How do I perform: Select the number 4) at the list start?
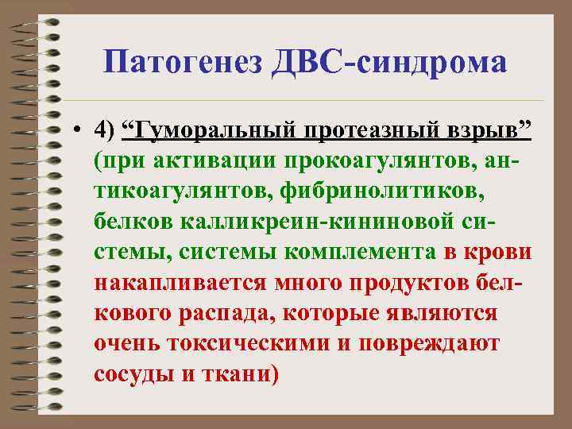click(x=105, y=129)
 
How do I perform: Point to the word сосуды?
click(x=133, y=373)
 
